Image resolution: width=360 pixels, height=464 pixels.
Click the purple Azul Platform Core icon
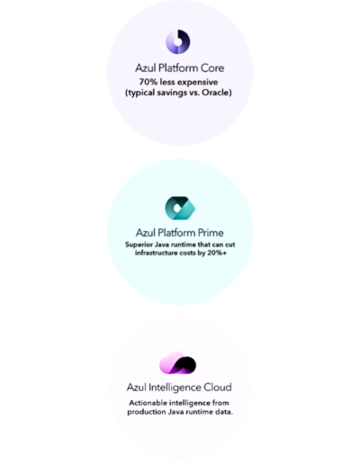178,41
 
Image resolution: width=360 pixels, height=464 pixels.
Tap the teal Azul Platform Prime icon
180,209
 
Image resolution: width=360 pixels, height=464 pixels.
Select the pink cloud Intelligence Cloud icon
177,363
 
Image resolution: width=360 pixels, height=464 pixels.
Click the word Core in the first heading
212,68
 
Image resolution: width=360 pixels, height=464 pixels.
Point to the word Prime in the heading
211,233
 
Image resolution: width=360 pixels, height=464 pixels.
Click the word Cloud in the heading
218,388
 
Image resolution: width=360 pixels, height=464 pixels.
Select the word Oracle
217,93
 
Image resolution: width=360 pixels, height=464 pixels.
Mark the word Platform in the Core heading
178,68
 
